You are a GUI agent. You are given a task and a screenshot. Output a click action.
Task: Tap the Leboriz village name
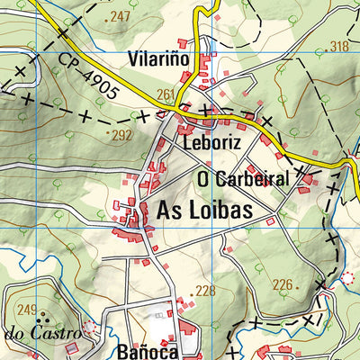tap(212, 142)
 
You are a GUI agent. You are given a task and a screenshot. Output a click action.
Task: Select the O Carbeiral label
tap(243, 179)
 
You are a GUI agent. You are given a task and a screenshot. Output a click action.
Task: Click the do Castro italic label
tap(42, 333)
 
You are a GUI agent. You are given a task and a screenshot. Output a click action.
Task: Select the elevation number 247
tap(119, 17)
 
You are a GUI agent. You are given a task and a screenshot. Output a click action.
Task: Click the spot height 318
tap(338, 47)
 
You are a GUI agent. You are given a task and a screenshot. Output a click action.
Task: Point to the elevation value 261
tap(165, 94)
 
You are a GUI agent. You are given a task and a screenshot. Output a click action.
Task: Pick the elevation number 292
tap(121, 137)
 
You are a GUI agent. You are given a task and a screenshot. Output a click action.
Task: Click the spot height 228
tap(207, 290)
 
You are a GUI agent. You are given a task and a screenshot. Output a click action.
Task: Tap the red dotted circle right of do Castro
tap(88, 328)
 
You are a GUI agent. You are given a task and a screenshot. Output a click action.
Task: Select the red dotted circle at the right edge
tap(348, 278)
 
